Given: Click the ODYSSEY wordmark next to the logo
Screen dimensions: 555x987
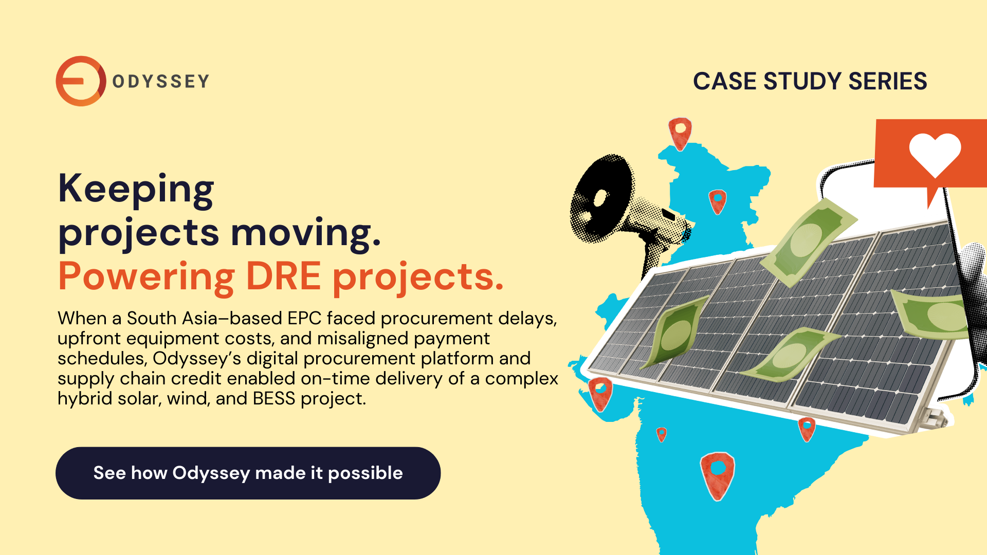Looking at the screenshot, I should tap(160, 81).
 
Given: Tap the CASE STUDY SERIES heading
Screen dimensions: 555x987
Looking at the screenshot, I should tap(810, 81).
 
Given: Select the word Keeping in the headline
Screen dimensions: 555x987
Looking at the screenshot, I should tap(136, 189).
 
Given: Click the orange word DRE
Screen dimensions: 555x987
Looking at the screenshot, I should tap(283, 276).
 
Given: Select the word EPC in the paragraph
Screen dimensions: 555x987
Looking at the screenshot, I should tap(304, 319).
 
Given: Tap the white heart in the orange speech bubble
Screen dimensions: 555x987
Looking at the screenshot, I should tap(935, 153).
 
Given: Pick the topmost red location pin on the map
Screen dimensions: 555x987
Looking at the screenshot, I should tap(680, 133).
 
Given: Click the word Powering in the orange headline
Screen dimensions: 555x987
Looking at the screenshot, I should tap(147, 276).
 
